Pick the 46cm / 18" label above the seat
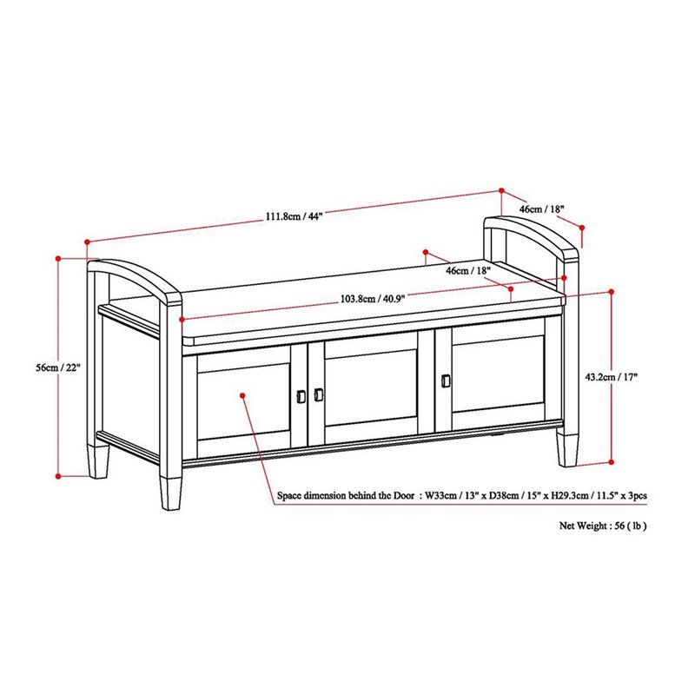468,271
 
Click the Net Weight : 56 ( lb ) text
602,526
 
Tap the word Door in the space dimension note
398,496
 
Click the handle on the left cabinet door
301,395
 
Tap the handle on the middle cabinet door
318,394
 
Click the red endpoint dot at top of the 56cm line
58,258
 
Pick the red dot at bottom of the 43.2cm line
614,461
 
